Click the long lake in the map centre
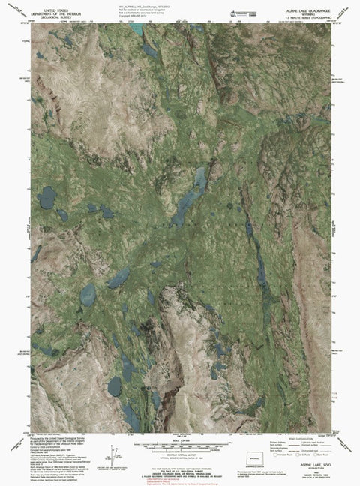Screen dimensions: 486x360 [x=190, y=196]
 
